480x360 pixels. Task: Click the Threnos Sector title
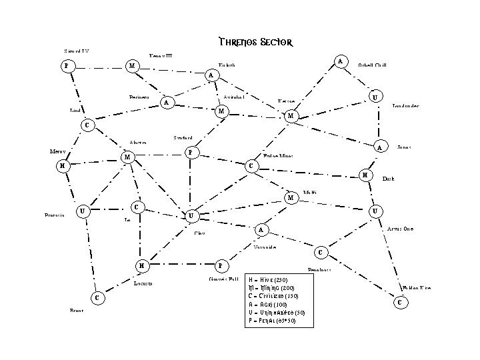[x=255, y=43]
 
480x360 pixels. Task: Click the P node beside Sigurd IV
[x=65, y=66]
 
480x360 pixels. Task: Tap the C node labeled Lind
[x=85, y=125]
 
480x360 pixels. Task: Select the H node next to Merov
[x=62, y=165]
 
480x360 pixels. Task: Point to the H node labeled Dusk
[x=365, y=175]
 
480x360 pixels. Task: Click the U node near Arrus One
[x=376, y=211]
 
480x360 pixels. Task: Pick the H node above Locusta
[x=141, y=266]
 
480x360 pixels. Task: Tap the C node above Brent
[x=97, y=297]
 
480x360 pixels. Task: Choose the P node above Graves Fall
[x=221, y=266]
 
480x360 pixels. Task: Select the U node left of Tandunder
[x=376, y=97]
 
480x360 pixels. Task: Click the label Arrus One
[x=400, y=229]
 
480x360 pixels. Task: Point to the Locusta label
[x=143, y=283]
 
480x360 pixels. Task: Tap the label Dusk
[x=388, y=179]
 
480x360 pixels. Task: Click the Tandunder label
[x=405, y=105]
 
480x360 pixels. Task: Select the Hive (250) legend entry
[x=268, y=279]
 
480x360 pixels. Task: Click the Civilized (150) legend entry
[x=273, y=296]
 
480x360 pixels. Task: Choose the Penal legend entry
[x=271, y=321]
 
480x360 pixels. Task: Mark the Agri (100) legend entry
[x=267, y=305]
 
